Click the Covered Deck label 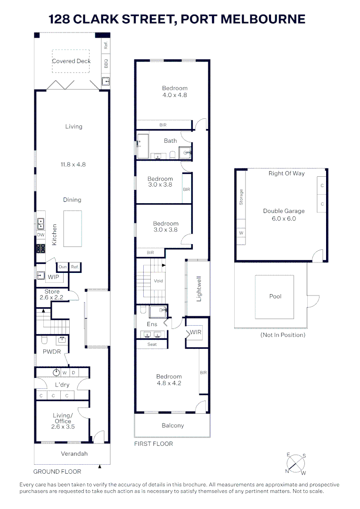click(x=71, y=61)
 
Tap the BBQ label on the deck click(x=106, y=63)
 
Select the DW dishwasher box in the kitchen click(x=41, y=235)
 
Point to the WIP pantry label click(x=53, y=277)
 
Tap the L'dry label click(x=62, y=385)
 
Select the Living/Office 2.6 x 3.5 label click(x=64, y=421)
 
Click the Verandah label click(x=74, y=454)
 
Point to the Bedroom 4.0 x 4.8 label click(x=174, y=91)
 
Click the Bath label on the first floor click(x=170, y=140)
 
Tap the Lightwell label click(x=199, y=289)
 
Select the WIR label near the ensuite click(x=195, y=333)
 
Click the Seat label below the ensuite click(x=152, y=345)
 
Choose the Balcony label click(x=172, y=426)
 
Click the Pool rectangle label click(x=275, y=296)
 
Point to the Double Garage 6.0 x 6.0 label click(x=284, y=215)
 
